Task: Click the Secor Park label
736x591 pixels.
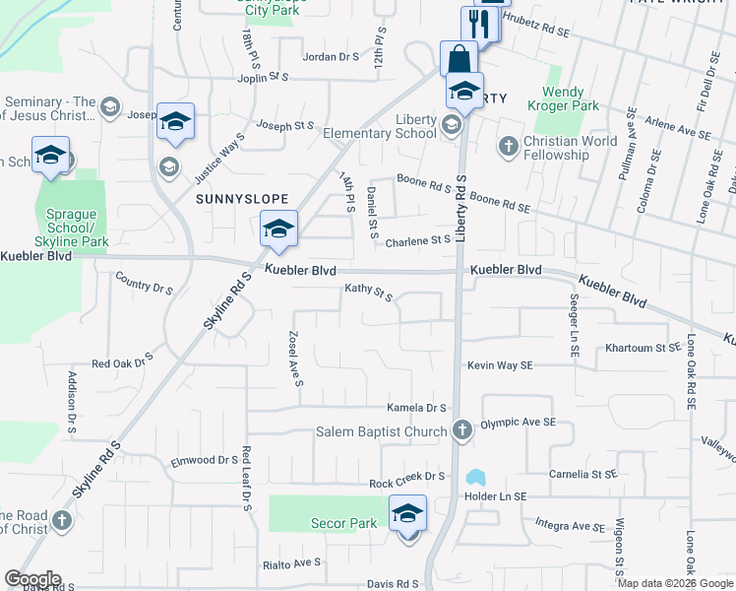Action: [343, 523]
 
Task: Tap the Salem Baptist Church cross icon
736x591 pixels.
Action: [462, 430]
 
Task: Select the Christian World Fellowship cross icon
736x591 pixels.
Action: [508, 147]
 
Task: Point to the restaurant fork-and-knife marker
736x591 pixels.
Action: [479, 23]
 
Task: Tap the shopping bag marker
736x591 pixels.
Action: [459, 58]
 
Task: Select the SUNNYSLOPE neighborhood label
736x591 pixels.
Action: [234, 198]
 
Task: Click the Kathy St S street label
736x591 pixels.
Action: [368, 293]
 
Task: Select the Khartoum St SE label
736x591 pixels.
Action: [643, 348]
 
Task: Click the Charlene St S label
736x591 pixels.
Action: [417, 240]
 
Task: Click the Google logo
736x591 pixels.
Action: [32, 579]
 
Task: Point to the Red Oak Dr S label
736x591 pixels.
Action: [123, 361]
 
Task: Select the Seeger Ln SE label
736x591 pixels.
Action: [574, 325]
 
